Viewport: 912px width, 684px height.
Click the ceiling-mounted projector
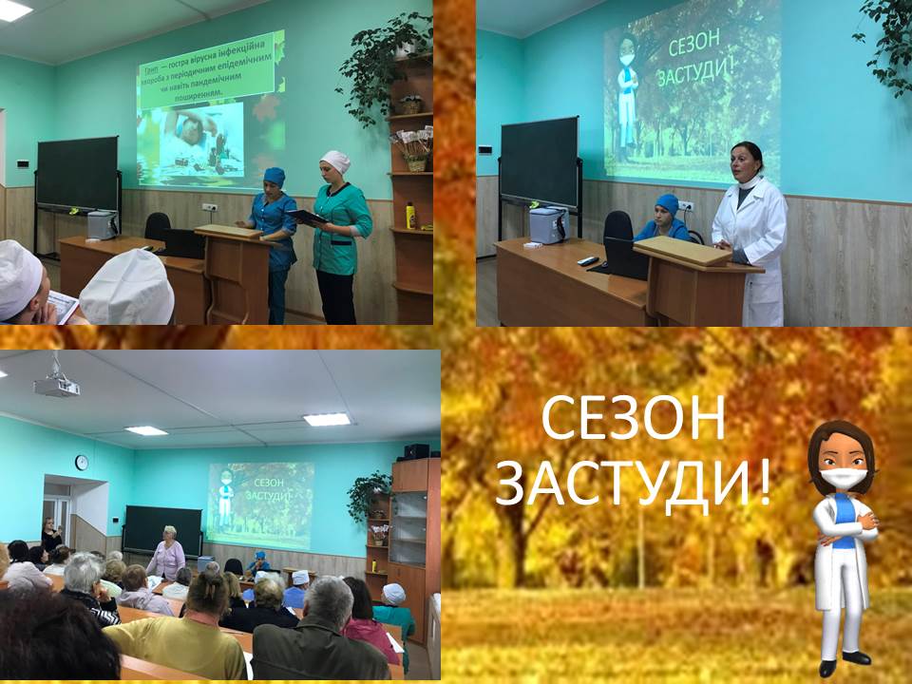(x=56, y=385)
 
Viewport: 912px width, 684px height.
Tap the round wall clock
(x=82, y=462)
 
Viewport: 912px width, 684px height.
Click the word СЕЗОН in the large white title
(x=634, y=419)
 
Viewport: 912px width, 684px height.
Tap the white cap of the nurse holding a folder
(x=334, y=161)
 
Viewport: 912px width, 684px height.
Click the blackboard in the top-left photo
(x=77, y=174)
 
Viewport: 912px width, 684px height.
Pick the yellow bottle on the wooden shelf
(x=410, y=216)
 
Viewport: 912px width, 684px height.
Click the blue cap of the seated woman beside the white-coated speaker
(x=667, y=204)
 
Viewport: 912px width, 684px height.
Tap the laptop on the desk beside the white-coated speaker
(x=627, y=257)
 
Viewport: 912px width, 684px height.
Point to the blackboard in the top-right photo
(x=539, y=161)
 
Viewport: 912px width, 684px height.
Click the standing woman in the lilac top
(x=168, y=554)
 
